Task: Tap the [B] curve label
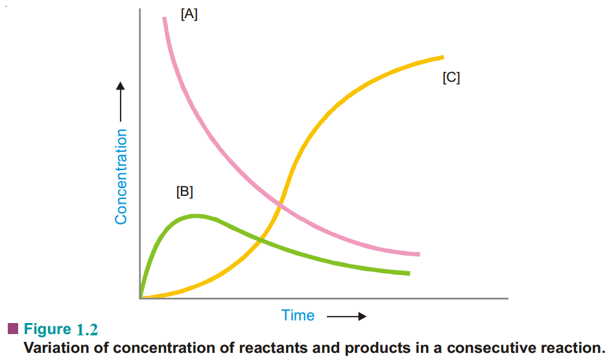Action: [x=185, y=192]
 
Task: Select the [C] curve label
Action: [x=451, y=78]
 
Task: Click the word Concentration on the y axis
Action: [x=121, y=176]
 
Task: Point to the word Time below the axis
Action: [x=298, y=316]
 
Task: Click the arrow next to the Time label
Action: [x=346, y=317]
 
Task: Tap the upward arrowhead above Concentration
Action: [x=121, y=86]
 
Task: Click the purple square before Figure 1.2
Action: [x=12, y=328]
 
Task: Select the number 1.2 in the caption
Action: [x=86, y=330]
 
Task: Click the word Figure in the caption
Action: [x=47, y=329]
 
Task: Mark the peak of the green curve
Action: [x=195, y=215]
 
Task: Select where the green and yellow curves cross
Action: [x=260, y=240]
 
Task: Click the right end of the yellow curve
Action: [x=442, y=57]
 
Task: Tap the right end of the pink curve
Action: [x=419, y=254]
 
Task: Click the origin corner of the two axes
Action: [x=140, y=298]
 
